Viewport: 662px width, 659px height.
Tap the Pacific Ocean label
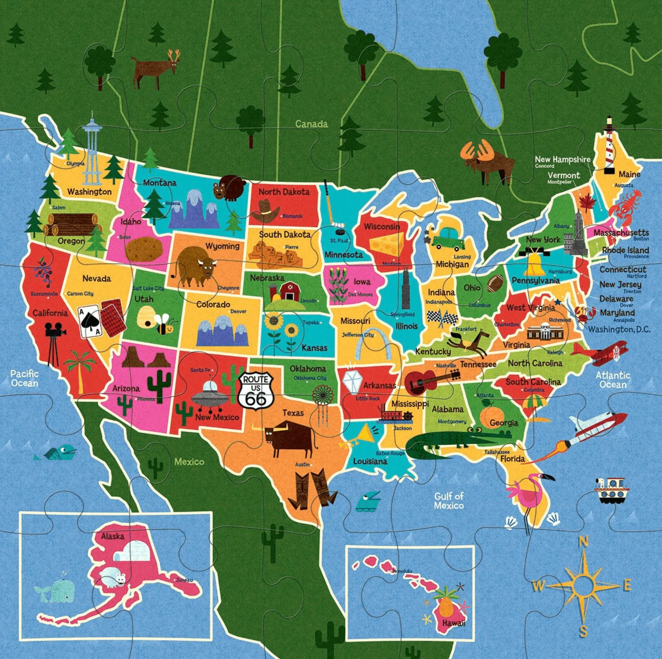tap(24, 378)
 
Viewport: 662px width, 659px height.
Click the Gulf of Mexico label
tap(448, 501)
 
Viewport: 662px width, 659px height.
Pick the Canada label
tap(311, 124)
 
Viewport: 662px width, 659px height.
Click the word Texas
tap(293, 413)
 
